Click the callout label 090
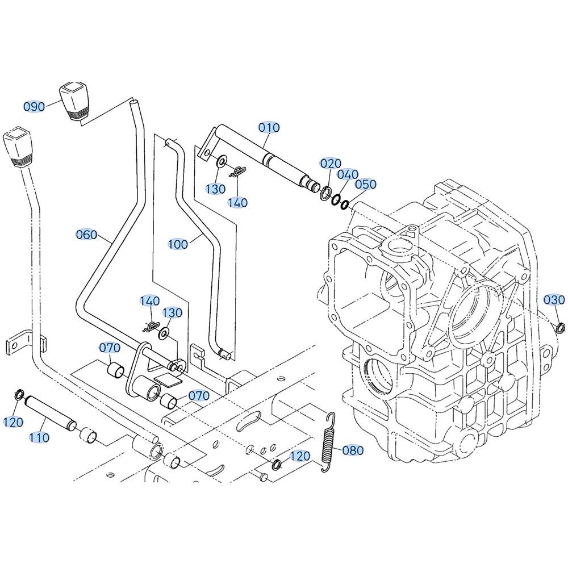(34, 107)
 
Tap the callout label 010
(269, 127)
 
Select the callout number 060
(86, 235)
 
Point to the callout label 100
(178, 244)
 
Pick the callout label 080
(353, 450)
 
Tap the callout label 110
(39, 437)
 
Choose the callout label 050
(366, 185)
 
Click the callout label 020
(331, 164)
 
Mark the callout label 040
(348, 174)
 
